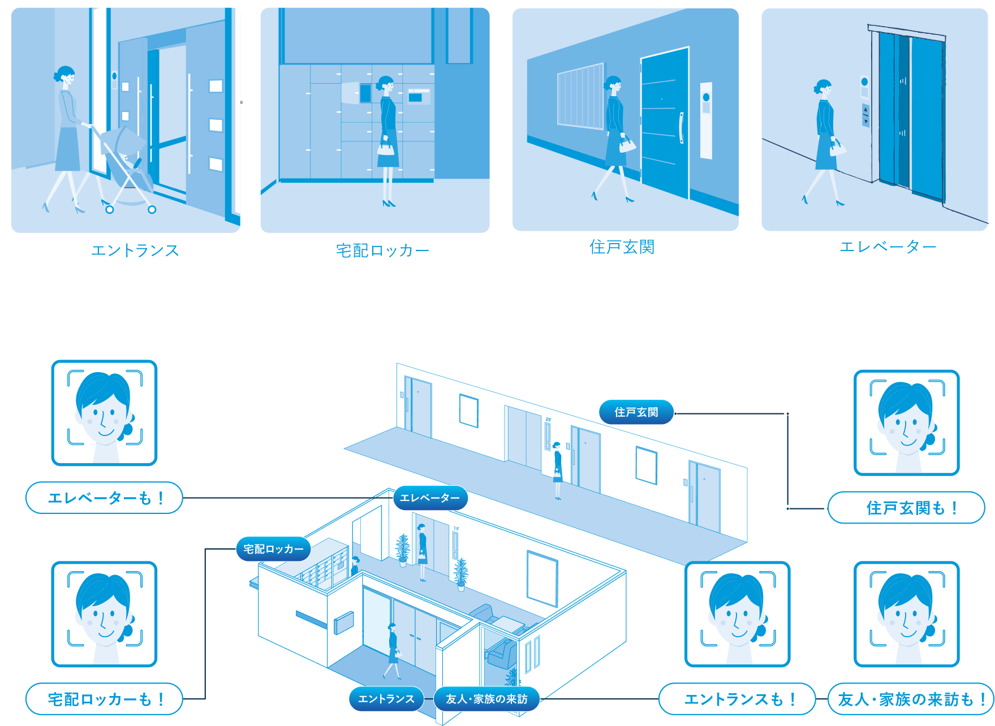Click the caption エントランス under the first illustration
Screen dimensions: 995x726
tap(135, 250)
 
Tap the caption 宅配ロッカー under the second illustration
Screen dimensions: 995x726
tap(383, 250)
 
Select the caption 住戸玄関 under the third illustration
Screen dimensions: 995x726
tap(622, 247)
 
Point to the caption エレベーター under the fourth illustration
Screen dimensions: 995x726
tap(888, 247)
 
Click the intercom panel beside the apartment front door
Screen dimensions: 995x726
tap(706, 120)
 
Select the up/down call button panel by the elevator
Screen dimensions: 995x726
tap(865, 115)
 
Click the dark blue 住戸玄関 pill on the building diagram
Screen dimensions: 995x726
tap(636, 412)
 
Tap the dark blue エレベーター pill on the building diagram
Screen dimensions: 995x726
tap(430, 498)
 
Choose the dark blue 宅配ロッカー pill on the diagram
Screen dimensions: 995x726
tap(273, 549)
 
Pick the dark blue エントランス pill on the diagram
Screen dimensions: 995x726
tap(386, 699)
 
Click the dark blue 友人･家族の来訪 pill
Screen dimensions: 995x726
tap(486, 699)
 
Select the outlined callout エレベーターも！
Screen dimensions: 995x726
tap(105, 498)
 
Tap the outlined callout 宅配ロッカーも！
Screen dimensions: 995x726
tap(105, 699)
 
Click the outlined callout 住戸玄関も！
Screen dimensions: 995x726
tap(906, 508)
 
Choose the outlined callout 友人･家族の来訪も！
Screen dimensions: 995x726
tap(911, 699)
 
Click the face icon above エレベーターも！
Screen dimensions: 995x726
tap(105, 413)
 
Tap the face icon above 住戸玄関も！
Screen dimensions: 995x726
tap(907, 423)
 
